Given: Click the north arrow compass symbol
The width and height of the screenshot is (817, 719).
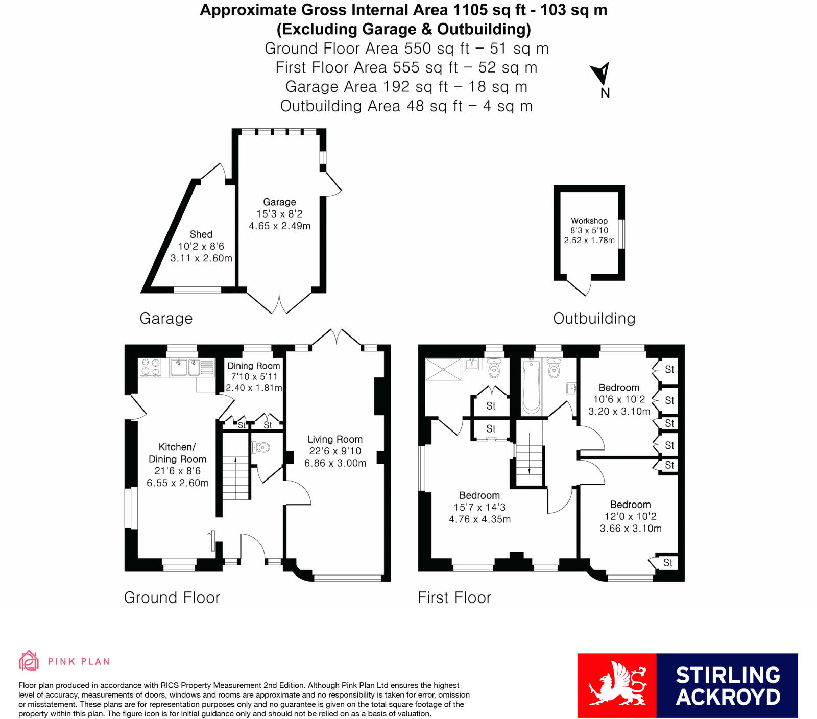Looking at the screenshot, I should point(601,74).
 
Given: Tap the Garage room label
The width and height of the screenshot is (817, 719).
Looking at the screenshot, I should point(279,202).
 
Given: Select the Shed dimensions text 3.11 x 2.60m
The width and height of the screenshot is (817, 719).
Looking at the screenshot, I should point(201,258).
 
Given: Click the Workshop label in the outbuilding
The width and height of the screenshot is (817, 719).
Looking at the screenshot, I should point(589,221).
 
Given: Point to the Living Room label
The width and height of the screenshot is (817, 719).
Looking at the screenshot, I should point(335,439).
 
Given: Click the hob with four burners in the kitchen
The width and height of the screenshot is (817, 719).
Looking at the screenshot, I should point(150,367).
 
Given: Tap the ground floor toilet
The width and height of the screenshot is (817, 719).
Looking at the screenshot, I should point(261,448).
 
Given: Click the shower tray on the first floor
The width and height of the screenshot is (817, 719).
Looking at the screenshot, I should point(443,369).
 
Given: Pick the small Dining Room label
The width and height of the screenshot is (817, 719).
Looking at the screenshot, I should point(254,366).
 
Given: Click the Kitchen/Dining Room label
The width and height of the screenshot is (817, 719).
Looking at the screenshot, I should point(177,453).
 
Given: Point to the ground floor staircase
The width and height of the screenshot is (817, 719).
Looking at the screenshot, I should point(235,477).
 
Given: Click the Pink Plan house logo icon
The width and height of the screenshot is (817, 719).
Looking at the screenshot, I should point(29,661).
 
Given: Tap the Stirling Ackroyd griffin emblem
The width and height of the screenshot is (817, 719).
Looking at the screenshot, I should point(617,685).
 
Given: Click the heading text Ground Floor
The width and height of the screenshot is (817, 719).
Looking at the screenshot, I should point(172,597).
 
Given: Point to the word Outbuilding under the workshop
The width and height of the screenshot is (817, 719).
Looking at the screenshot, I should point(594,319).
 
